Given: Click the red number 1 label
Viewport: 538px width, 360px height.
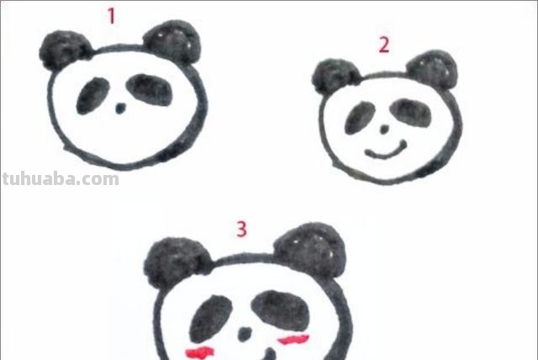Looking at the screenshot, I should click(x=111, y=16).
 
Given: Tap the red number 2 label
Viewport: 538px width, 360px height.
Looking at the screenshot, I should click(x=383, y=45).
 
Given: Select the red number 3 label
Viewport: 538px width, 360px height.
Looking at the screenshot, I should click(x=241, y=228).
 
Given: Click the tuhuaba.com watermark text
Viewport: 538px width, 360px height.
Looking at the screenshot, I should click(x=60, y=179).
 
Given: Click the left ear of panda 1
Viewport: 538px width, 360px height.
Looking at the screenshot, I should click(x=64, y=51).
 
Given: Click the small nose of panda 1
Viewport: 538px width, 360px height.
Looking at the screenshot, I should click(x=120, y=109).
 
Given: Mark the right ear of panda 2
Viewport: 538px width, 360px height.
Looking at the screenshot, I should click(x=434, y=68).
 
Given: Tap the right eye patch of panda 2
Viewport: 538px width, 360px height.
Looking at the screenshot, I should click(x=409, y=110).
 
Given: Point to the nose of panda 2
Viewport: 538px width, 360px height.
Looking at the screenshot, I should click(x=383, y=132).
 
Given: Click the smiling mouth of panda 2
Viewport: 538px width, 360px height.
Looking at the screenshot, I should click(x=386, y=151).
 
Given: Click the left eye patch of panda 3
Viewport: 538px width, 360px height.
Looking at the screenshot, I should click(x=212, y=319).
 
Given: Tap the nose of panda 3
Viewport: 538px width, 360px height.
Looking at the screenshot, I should click(x=245, y=334).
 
